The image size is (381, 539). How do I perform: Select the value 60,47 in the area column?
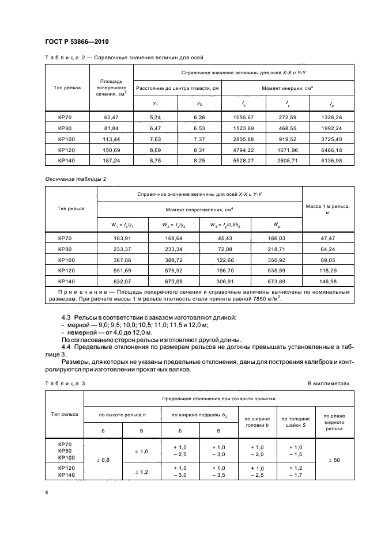click(x=110, y=117)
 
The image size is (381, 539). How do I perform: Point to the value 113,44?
click(x=110, y=139)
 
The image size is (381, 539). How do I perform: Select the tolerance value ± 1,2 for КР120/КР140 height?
click(x=142, y=472)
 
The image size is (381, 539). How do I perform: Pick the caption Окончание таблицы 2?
click(x=76, y=179)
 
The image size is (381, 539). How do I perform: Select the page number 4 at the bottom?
click(x=46, y=493)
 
